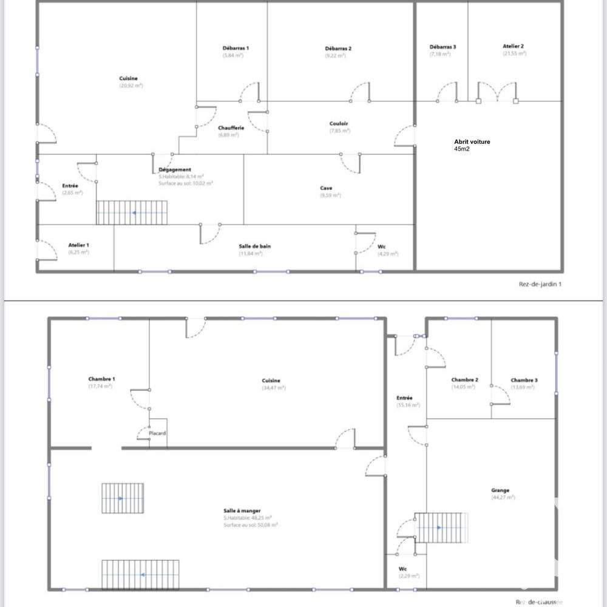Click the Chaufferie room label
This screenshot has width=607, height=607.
tap(231, 128)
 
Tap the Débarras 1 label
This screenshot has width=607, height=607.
tap(235, 48)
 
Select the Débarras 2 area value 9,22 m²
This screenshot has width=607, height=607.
tap(335, 56)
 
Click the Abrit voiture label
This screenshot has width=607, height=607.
tap(472, 142)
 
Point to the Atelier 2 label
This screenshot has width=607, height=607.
tap(513, 46)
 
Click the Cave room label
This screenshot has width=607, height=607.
tap(326, 188)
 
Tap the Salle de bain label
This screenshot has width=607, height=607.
tap(254, 246)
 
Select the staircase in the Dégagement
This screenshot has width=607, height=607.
tap(132, 213)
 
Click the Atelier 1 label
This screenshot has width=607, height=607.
tap(78, 245)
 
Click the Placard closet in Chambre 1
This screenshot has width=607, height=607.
tap(158, 433)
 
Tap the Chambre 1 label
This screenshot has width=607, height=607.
tap(101, 379)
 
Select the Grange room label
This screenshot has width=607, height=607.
tap(501, 490)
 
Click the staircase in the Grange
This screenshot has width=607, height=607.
tap(442, 527)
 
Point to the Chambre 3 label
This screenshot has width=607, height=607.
tap(524, 381)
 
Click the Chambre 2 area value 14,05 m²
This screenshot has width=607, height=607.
tap(464, 388)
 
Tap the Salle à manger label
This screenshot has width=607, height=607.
tap(242, 511)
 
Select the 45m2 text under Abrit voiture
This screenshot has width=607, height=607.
tap(461, 149)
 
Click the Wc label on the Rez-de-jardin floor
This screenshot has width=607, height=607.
tap(381, 246)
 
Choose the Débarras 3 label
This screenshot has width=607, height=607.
tap(443, 47)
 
